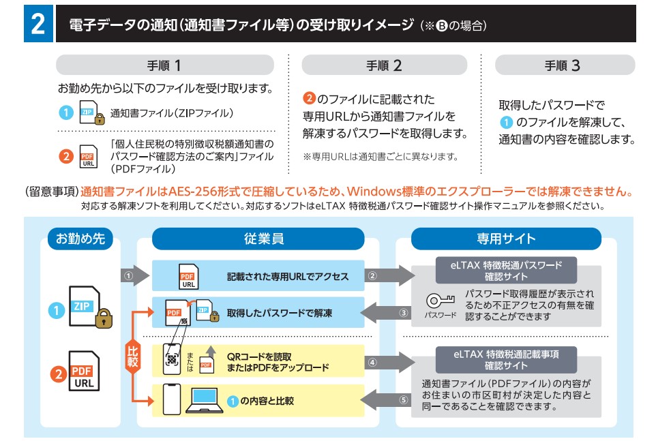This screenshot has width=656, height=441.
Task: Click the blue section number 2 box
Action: (38, 25)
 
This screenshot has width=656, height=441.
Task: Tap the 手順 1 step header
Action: (164, 65)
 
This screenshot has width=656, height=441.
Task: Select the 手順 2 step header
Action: (384, 65)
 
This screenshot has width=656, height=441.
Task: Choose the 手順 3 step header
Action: (564, 65)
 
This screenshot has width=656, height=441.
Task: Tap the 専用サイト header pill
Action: (506, 239)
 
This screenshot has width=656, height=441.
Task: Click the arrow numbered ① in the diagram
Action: (134, 276)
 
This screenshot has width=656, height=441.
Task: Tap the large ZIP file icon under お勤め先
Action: (87, 308)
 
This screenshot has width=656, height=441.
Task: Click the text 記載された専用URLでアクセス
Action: (287, 276)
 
